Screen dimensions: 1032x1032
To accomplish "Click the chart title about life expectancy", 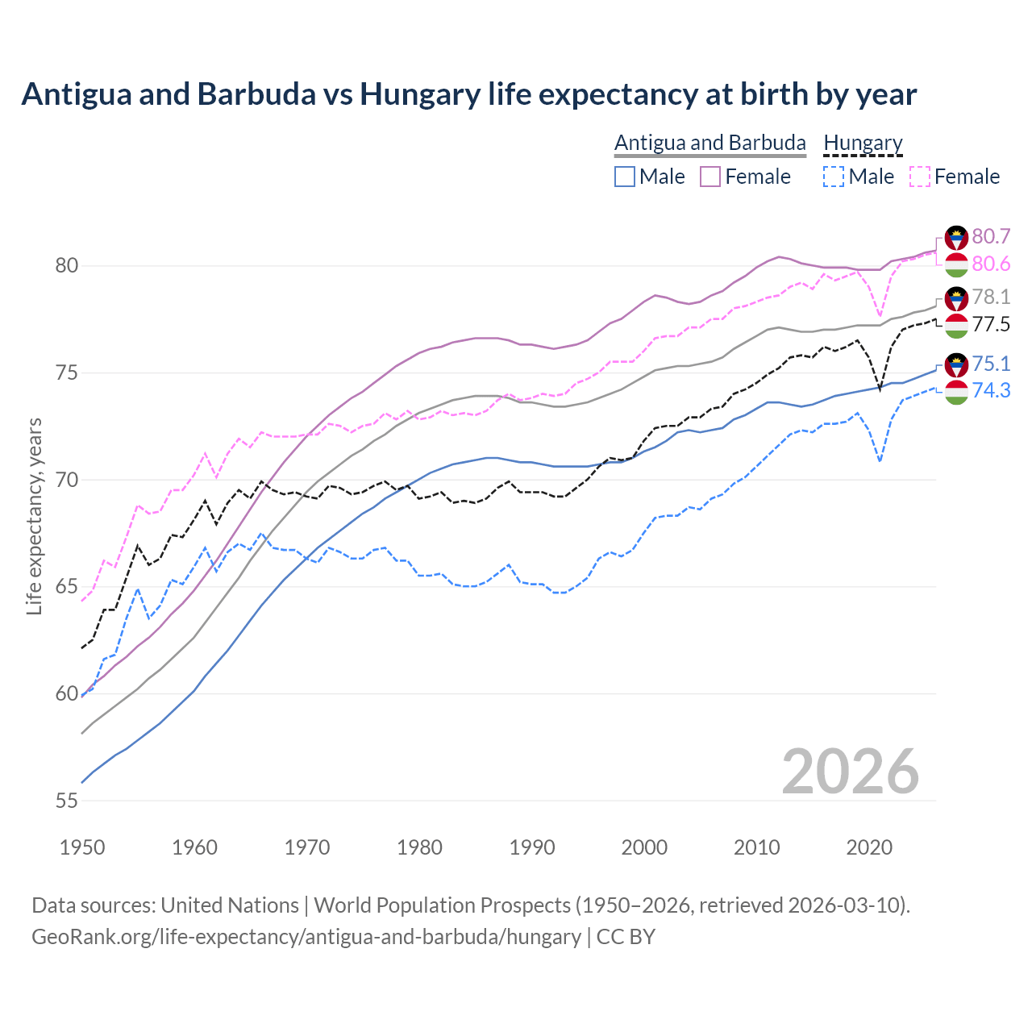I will coord(468,94).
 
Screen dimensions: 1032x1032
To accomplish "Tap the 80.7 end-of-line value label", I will coord(991,236).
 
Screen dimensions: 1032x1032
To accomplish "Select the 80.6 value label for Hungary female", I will coord(991,264).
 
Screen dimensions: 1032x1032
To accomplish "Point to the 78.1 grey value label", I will coord(991,297).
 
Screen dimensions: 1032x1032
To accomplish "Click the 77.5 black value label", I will coord(991,324).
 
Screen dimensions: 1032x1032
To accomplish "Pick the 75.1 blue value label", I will coord(991,364).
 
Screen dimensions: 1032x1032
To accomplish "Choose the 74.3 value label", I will coord(991,390).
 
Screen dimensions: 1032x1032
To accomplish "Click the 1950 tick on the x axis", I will coord(82,847).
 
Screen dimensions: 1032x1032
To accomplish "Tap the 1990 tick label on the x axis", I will coord(532,847).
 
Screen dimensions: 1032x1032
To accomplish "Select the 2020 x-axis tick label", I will coord(869,847).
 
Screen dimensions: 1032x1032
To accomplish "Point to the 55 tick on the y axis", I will coord(67,801).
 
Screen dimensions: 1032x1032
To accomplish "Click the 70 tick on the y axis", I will coord(67,480).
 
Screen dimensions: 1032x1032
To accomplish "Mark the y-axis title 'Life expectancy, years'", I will coord(34,516).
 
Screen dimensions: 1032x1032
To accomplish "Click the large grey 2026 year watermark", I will coord(850,772).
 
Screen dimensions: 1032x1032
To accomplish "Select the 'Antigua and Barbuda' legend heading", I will coord(709,143).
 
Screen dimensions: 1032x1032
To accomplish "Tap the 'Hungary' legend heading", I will coord(863,143).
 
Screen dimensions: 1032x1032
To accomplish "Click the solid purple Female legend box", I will coord(710,177).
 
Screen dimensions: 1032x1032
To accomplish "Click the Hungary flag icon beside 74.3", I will coord(956,392).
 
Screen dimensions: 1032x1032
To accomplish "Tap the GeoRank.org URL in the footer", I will coord(306,937).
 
